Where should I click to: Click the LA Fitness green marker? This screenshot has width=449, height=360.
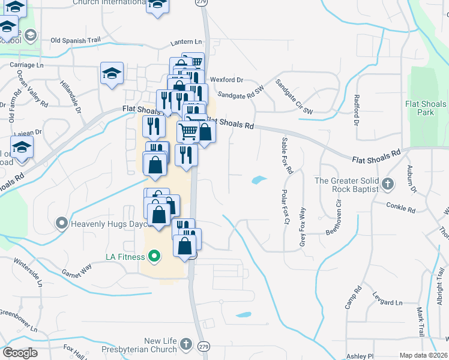[154, 257]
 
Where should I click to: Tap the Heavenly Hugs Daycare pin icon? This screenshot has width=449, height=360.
[62, 224]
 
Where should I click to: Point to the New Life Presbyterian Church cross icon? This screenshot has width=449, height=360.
[186, 344]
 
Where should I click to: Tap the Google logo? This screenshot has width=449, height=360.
[20, 352]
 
